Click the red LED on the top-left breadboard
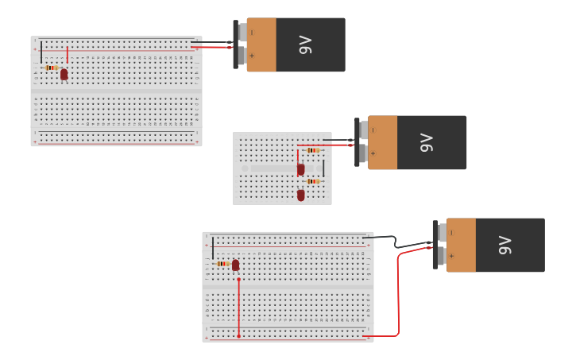click(64, 74)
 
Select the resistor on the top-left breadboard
click(51, 68)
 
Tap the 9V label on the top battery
click(305, 45)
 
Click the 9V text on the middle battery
click(427, 142)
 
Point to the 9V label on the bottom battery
click(504, 245)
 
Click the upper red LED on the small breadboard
click(300, 168)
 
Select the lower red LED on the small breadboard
click(300, 195)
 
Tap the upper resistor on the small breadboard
click(312, 150)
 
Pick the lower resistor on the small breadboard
click(312, 181)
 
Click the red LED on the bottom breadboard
click(236, 265)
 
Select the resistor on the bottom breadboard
click(222, 263)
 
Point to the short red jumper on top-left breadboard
click(68, 54)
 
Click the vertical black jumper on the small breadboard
click(323, 168)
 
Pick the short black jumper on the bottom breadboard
click(213, 247)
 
